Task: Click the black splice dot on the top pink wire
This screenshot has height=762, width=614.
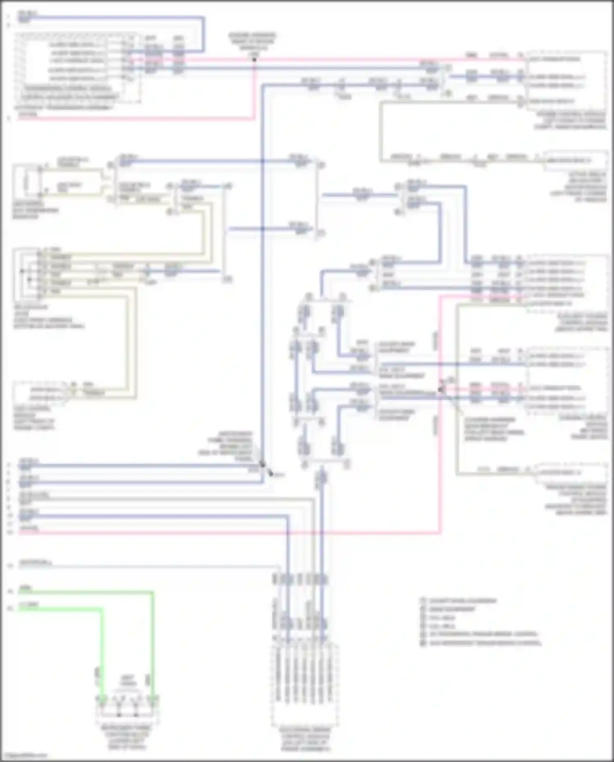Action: pyautogui.click(x=254, y=60)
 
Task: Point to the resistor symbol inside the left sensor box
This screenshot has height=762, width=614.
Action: pyautogui.click(x=27, y=181)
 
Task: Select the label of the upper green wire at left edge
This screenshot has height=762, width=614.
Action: pyautogui.click(x=26, y=588)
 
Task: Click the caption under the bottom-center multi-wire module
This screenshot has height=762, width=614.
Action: pyautogui.click(x=305, y=739)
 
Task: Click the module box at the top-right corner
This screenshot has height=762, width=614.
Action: pyautogui.click(x=567, y=80)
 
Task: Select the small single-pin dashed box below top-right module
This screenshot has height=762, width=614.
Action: pyautogui.click(x=575, y=160)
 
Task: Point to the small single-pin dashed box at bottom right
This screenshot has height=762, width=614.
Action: pyautogui.click(x=571, y=472)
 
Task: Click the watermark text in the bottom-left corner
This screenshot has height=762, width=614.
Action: pyautogui.click(x=24, y=755)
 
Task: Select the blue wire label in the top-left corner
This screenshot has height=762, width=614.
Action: pyautogui.click(x=27, y=16)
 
